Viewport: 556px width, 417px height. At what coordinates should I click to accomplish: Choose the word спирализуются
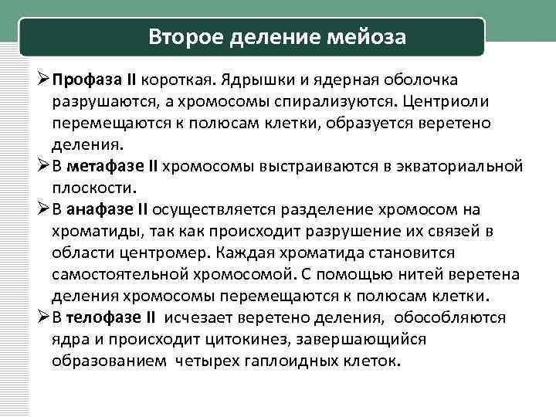pos(307,102)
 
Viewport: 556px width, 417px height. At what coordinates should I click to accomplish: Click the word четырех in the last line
pos(209,361)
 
